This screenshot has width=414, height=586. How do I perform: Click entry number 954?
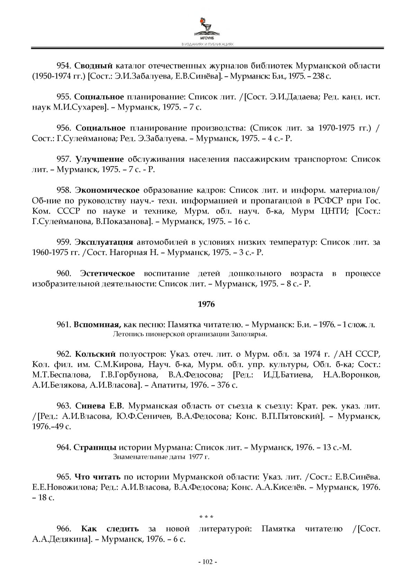[64, 66]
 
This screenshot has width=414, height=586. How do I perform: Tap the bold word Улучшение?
[100, 159]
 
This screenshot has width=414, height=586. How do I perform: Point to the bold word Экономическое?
[108, 190]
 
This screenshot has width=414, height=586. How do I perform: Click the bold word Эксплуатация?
[104, 242]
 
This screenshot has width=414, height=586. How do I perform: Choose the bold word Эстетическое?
[107, 274]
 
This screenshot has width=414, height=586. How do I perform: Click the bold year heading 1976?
[206, 304]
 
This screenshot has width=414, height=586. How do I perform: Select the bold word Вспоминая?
[97, 325]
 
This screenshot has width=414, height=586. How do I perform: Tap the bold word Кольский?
[95, 354]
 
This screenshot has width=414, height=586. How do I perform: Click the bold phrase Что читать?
[98, 477]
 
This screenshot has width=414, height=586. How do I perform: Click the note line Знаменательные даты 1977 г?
[161, 457]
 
